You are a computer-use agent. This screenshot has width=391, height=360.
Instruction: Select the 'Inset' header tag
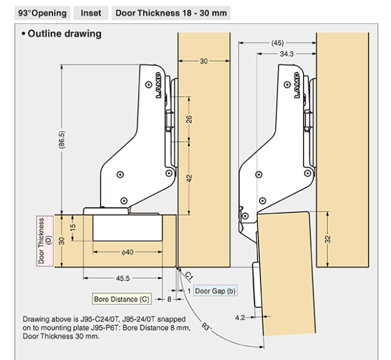coord(91,12)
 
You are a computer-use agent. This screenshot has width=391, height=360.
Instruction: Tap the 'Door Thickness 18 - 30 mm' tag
coord(170,12)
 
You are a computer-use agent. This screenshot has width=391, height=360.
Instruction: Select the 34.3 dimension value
coord(287,54)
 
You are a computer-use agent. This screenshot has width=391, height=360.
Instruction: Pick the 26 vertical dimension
coord(189,118)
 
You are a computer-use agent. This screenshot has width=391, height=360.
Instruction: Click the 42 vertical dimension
coord(189,177)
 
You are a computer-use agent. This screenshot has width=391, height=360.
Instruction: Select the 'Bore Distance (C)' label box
coord(121,299)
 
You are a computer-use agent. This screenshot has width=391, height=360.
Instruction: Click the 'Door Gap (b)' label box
coord(215,291)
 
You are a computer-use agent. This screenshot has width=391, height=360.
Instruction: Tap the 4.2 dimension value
coord(240,317)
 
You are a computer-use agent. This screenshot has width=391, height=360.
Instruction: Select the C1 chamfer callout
coord(189,274)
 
